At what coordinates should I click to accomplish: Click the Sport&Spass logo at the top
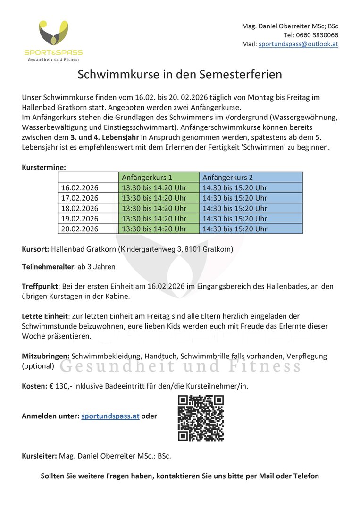coord(53,41)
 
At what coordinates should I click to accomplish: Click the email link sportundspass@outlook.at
coord(298,44)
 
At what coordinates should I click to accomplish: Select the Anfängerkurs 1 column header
coord(147,178)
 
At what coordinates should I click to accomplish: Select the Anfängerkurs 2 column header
coord(228,178)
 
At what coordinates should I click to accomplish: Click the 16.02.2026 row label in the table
coord(80,188)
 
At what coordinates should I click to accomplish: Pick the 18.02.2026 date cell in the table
coord(80,208)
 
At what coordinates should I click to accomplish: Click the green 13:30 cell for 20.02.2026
coord(154,229)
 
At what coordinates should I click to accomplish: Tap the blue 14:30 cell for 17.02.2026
coord(235,198)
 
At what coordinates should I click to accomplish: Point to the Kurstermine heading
coord(44,167)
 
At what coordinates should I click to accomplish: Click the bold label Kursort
coord(35,249)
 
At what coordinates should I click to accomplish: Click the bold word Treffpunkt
coord(39,286)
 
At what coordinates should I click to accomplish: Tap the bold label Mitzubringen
coord(46,356)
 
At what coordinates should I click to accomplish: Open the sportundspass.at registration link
coord(110,416)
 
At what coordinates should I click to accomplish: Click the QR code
coord(201,418)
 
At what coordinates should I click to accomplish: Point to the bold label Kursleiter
coord(39,456)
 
